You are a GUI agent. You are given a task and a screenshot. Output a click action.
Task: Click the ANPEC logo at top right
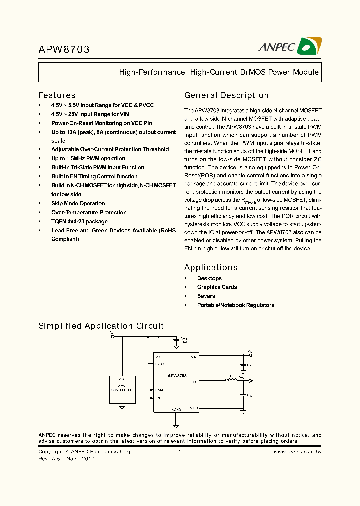(290, 46)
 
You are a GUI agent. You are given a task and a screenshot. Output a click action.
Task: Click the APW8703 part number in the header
(64, 50)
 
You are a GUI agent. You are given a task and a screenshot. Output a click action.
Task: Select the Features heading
(57, 95)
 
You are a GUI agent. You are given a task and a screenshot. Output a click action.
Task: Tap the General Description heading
(226, 95)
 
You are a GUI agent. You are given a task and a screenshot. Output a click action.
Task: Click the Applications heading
(211, 267)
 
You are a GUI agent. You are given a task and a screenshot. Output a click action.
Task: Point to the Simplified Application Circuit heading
(101, 326)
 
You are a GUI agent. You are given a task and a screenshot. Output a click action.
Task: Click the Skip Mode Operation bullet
(78, 203)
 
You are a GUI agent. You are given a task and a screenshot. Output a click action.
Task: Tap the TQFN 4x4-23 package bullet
(79, 221)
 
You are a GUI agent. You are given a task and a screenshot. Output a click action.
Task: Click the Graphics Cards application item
(217, 287)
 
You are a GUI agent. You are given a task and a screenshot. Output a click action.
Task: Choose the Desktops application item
(209, 278)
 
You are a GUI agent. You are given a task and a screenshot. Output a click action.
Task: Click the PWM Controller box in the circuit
(122, 389)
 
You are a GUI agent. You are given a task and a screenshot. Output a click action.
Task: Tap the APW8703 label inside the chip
(177, 375)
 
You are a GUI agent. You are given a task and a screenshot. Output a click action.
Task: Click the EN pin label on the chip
(158, 398)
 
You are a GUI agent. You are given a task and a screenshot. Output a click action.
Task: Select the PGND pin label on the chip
(193, 408)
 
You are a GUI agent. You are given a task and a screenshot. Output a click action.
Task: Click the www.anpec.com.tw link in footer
(297, 451)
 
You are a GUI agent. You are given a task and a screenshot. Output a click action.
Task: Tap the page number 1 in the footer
(179, 451)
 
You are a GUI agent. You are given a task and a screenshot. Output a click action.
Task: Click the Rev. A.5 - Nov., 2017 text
(66, 458)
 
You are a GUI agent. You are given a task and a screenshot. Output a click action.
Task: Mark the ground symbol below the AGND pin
(176, 426)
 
